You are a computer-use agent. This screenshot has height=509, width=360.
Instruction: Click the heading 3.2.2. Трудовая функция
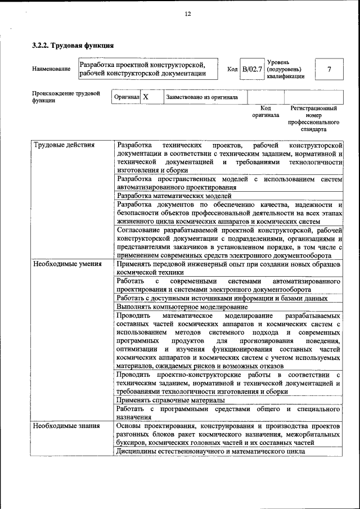pos(73,45)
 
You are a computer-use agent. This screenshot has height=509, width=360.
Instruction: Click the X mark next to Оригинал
pos(146,97)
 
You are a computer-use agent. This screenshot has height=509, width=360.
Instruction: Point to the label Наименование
pos(51,69)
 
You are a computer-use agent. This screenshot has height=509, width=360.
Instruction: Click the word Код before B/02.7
pos(232,69)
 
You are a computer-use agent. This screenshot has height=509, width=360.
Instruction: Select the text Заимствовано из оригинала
pos(201,97)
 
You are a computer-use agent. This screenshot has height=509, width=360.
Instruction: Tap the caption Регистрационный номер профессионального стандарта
pos(313,118)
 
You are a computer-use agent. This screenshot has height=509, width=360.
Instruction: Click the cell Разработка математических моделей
pos(174,196)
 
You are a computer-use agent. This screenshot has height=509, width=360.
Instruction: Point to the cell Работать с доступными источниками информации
pos(222,298)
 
